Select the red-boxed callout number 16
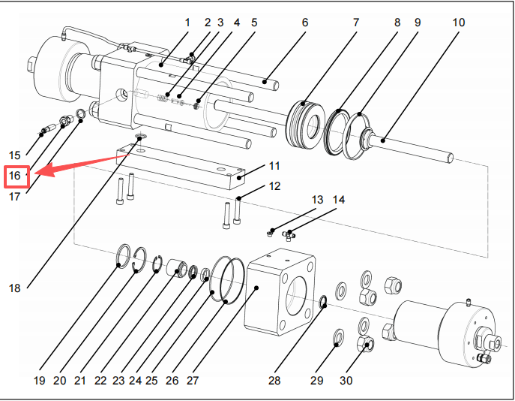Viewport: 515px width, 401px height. click(16, 176)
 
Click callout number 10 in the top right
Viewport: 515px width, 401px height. click(458, 23)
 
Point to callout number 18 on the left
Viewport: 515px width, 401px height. click(16, 288)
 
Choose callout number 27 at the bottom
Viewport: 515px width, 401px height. click(193, 381)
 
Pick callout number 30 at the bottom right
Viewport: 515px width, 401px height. click(346, 381)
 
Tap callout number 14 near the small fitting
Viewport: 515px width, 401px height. click(339, 200)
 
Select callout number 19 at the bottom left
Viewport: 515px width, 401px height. click(40, 381)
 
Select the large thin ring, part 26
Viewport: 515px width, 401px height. click(227, 280)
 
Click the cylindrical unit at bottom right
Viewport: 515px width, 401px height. click(442, 331)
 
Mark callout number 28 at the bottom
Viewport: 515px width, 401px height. click(274, 381)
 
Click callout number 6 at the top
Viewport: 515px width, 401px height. click(305, 23)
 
